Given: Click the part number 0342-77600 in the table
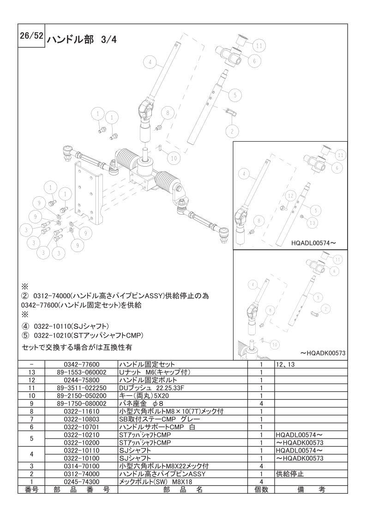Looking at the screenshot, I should click(81, 364).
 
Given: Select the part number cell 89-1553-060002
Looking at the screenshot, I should click(81, 372).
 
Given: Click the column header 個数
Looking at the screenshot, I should click(261, 490).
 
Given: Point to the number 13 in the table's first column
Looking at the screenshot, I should click(31, 372).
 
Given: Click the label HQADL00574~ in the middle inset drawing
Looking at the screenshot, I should click(314, 241).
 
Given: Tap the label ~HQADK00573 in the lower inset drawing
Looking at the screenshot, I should click(323, 353).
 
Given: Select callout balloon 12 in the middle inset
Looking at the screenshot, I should click(289, 196).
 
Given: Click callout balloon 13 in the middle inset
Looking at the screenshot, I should click(312, 223).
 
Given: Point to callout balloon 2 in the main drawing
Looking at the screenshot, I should click(232, 131).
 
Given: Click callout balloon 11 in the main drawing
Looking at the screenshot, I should click(259, 45).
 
